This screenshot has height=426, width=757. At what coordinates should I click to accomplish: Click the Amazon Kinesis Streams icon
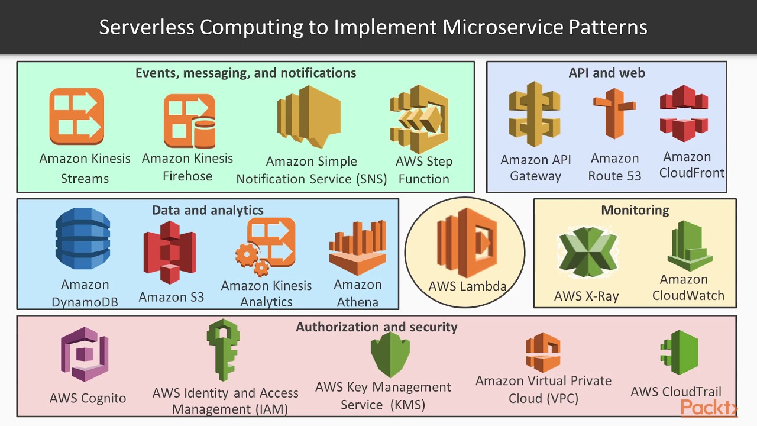[77, 117]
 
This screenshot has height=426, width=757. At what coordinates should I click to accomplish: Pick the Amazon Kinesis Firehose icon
[189, 121]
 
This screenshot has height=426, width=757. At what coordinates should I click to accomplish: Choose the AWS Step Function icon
[420, 118]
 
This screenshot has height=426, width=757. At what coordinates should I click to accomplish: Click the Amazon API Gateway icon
[535, 114]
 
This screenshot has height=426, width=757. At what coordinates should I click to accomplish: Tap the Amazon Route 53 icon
[614, 115]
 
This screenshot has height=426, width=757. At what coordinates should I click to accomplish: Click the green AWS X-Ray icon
[587, 255]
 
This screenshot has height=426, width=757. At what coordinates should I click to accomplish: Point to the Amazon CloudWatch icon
[690, 246]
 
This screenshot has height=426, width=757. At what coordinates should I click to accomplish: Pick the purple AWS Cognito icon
[85, 355]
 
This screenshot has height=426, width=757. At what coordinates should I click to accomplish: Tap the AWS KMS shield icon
[390, 354]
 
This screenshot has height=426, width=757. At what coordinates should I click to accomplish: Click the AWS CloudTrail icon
[680, 353]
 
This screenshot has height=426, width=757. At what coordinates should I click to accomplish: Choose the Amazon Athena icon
[358, 248]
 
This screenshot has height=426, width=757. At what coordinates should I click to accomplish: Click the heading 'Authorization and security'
[377, 327]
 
